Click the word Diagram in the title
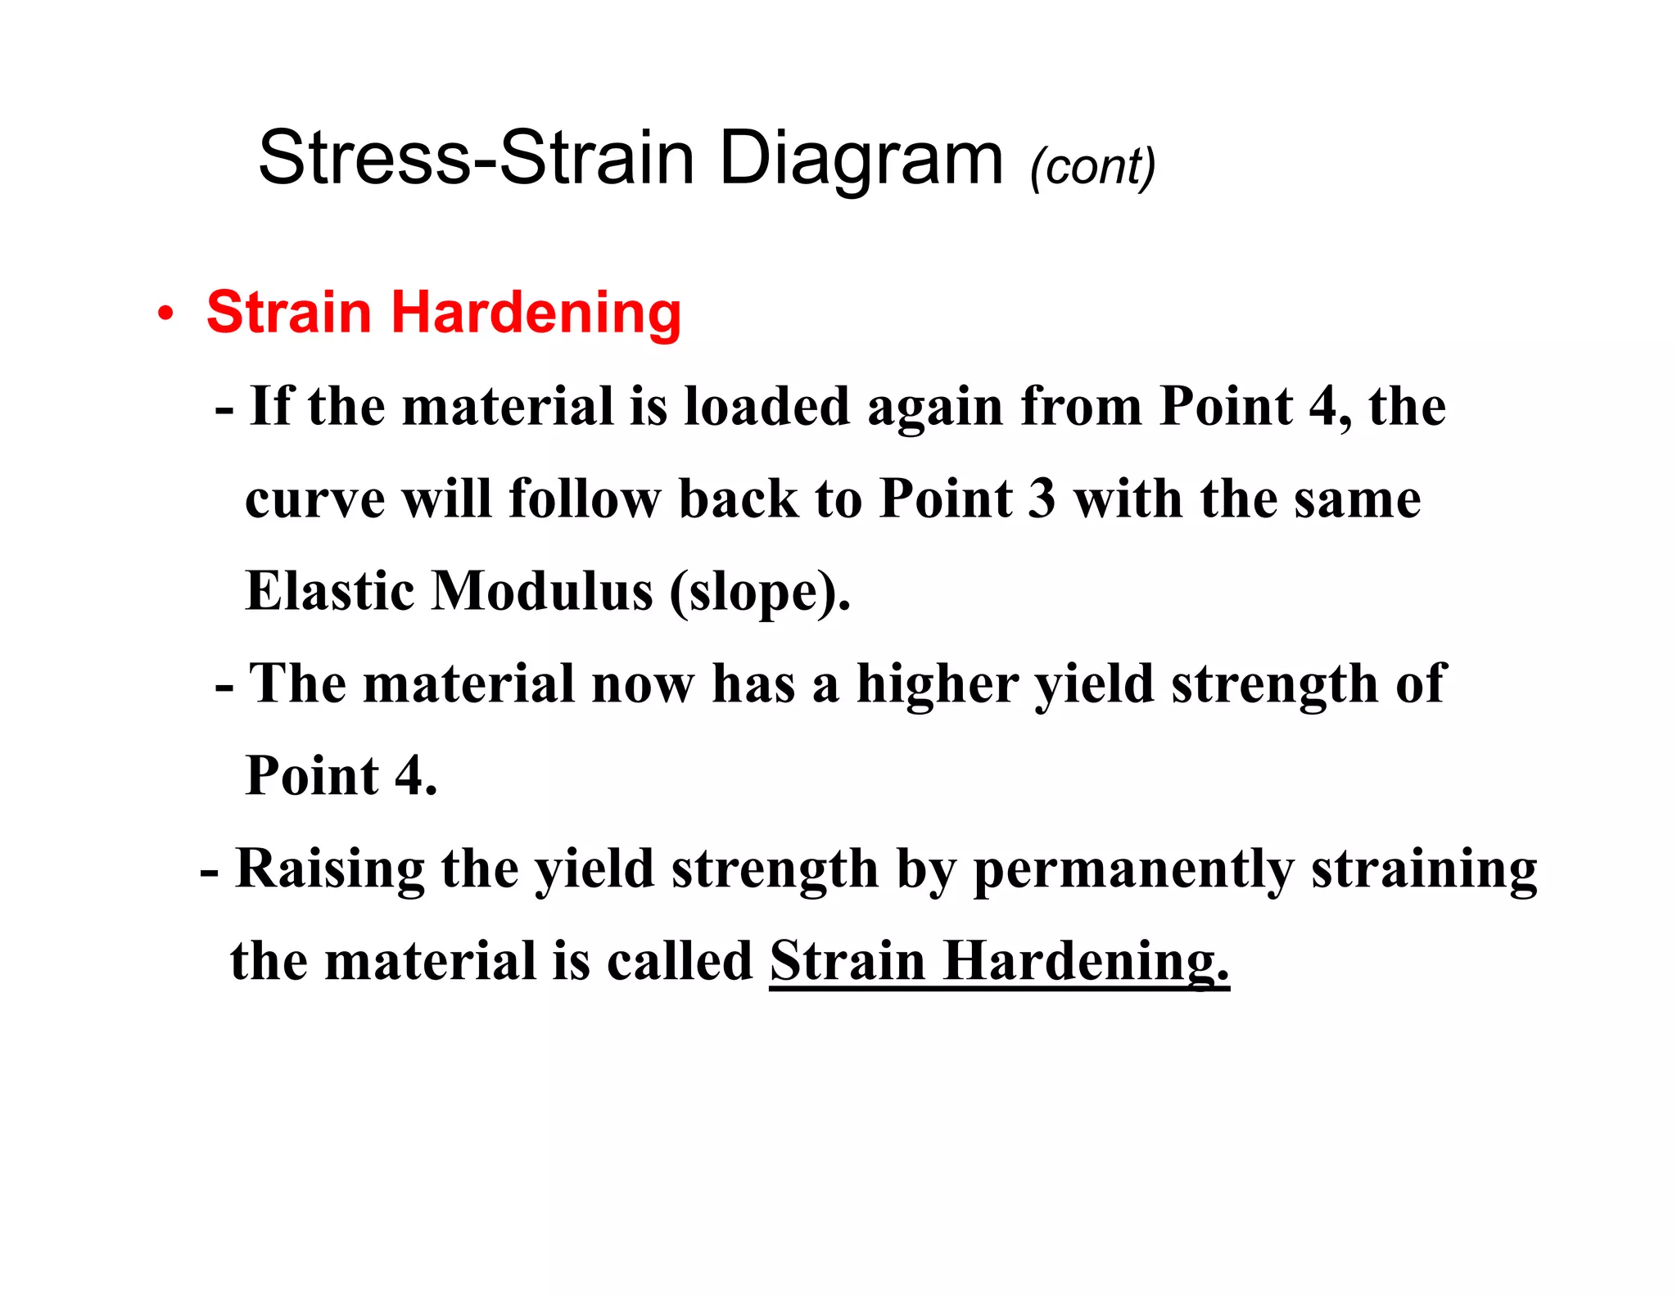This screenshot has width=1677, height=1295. tap(861, 160)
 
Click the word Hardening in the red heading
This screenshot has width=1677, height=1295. tap(536, 314)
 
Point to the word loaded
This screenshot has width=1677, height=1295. tap(767, 406)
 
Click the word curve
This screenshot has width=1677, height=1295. tap(314, 499)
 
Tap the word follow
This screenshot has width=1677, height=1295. tap(584, 499)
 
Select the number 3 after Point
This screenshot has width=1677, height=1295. tap(1041, 499)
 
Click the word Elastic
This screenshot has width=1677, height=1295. tap(329, 591)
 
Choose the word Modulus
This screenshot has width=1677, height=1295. tap(542, 591)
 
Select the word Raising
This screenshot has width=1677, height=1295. tap(330, 869)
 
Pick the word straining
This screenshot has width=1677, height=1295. tap(1424, 870)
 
